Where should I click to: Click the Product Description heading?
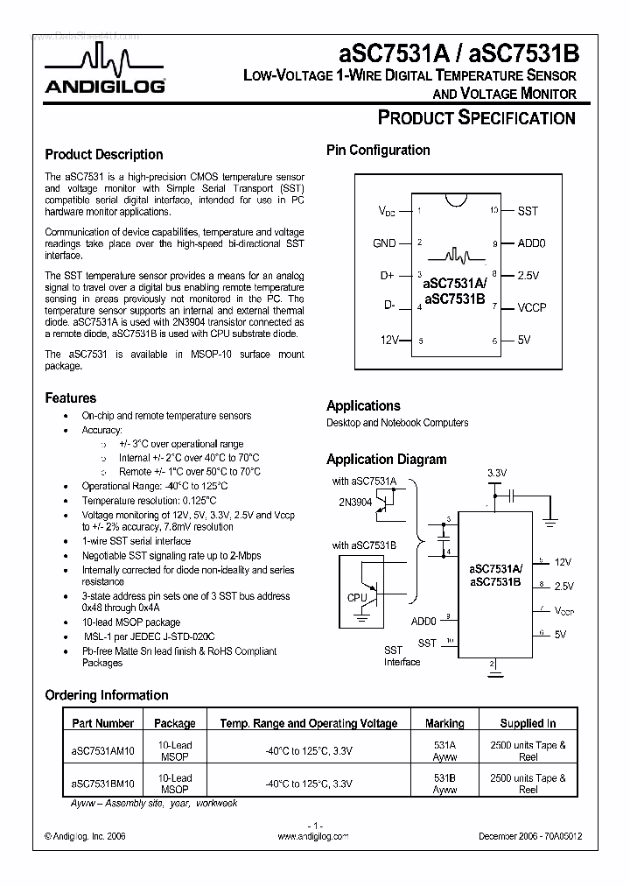coord(103,154)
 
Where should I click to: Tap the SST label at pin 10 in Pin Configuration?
coord(528,211)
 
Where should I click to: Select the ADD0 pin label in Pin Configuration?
coord(531,243)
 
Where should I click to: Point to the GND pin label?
coord(384,243)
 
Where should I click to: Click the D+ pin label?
coord(388,275)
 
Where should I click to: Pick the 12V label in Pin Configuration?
coord(388,340)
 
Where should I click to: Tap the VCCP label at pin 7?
coord(532,307)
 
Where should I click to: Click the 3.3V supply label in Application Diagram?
coord(496,473)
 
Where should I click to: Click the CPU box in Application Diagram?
coord(356,598)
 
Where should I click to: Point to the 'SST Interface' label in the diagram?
coord(402,657)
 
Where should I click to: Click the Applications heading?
coord(363,405)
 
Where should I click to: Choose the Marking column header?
coord(444,723)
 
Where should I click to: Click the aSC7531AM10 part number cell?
coord(102,751)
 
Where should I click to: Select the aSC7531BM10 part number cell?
coord(102,784)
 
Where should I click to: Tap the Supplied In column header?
coord(528,723)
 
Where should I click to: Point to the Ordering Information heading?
coord(106,695)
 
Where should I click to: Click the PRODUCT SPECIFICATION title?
coord(475,118)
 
